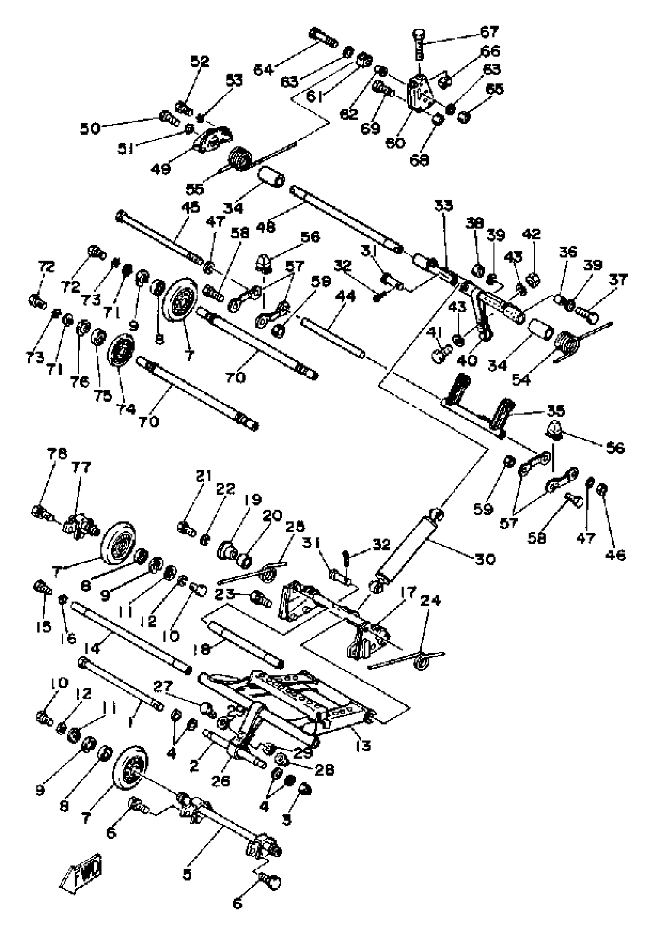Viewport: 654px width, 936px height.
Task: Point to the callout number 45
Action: [x=190, y=207]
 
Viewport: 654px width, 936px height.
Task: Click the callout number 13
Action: [x=363, y=746]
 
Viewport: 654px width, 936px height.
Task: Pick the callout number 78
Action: [x=57, y=454]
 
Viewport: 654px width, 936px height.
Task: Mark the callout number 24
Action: [x=430, y=600]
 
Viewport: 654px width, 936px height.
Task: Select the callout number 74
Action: [x=126, y=409]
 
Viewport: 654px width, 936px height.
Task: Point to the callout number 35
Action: [x=556, y=410]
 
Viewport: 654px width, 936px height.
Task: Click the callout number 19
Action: [x=253, y=500]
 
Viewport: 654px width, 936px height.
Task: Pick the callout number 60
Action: [x=395, y=143]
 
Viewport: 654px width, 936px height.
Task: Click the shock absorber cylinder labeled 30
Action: [x=408, y=546]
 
